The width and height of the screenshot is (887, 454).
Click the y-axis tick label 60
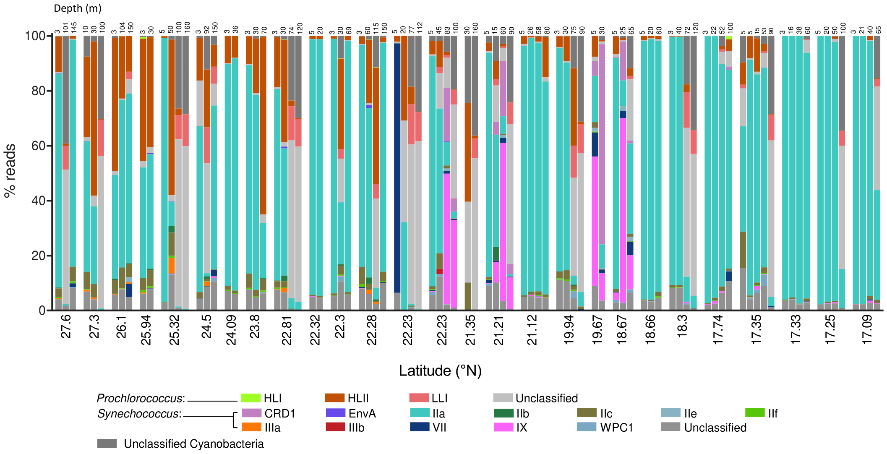coord(39,146)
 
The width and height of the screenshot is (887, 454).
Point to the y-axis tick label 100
coord(35,36)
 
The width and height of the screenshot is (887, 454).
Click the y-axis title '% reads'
coord(10,171)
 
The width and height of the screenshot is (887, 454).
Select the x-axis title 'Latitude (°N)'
coord(440,371)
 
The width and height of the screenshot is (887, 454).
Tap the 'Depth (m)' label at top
coord(78,8)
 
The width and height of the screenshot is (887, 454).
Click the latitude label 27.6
coord(66,326)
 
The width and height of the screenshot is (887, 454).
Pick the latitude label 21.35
coord(470,330)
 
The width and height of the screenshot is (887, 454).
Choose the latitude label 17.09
coord(867,330)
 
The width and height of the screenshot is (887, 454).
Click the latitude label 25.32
coord(174,330)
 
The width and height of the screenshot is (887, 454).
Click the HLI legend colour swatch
coord(251,398)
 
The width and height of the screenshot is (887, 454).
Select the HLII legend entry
coord(358,398)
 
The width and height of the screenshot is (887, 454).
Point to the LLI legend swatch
coord(419,398)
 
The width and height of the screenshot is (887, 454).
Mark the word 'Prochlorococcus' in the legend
coord(140,398)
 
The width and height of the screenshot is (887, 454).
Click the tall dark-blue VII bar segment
coord(397,168)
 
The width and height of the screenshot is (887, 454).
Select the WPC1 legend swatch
coord(587,427)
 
